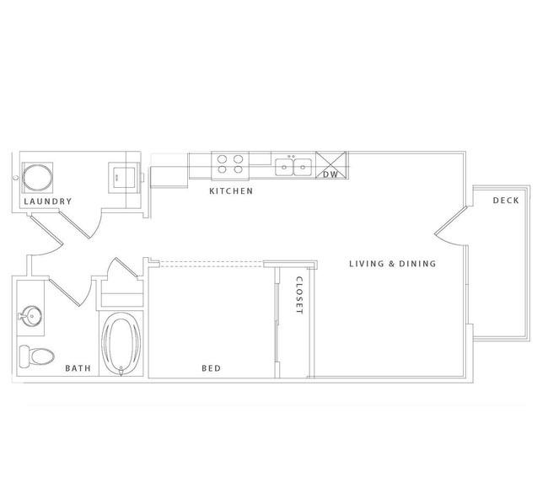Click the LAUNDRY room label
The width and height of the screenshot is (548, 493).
tap(48, 201)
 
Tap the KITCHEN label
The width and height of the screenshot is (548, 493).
tap(231, 190)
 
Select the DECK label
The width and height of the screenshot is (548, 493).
tap(506, 201)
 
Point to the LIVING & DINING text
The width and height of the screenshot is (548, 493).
tap(393, 264)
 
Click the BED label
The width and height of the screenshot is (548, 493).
tap(212, 368)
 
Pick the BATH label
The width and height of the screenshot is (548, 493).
tap(78, 368)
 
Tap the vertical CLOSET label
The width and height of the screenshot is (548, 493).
tap(299, 295)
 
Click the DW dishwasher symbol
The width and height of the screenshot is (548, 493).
tap(331, 166)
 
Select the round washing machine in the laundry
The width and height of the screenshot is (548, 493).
tap(37, 178)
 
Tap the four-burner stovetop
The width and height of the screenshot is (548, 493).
tap(230, 164)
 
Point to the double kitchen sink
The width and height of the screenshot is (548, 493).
tap(293, 167)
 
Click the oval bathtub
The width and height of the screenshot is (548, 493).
tap(121, 344)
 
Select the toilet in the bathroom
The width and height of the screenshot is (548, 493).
tap(36, 356)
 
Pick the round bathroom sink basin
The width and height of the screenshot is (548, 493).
tap(30, 316)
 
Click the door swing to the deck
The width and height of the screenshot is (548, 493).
tap(451, 227)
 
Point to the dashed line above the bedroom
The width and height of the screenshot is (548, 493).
tap(212, 264)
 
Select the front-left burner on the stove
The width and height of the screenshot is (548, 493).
tap(222, 169)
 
